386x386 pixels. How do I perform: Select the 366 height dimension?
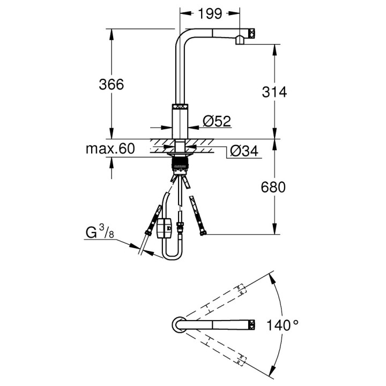pyautogui.click(x=112, y=84)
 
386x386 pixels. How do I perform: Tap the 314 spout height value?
pyautogui.click(x=275, y=92)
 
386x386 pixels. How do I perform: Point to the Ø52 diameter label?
pyautogui.click(x=217, y=122)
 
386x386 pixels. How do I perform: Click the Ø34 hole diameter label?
pyautogui.click(x=243, y=152)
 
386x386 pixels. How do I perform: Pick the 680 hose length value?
pyautogui.click(x=275, y=187)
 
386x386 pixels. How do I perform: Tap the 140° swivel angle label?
pyautogui.click(x=284, y=325)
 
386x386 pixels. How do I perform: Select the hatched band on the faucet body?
pyautogui.click(x=180, y=107)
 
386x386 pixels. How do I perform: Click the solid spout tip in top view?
pyautogui.click(x=250, y=324)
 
